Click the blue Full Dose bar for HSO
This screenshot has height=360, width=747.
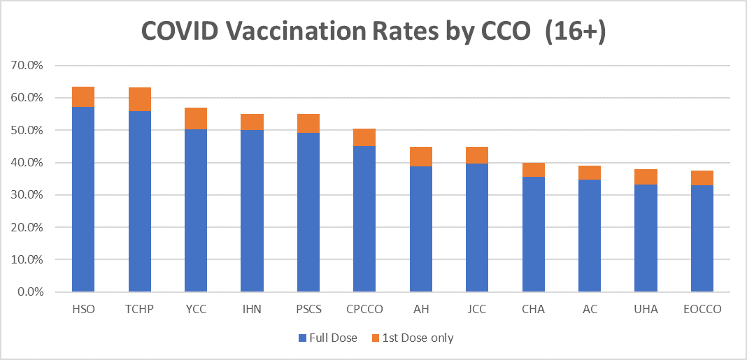coord(83,199)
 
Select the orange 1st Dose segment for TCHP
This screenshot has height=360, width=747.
coord(140,99)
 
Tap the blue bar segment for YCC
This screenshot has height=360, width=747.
coord(196,210)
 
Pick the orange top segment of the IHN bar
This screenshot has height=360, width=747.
coord(252,122)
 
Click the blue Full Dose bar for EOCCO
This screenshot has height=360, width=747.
coord(702,238)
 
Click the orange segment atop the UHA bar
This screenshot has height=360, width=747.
coord(646,177)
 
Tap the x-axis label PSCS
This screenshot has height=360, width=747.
coord(308,310)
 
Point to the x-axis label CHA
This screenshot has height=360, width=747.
coord(533,310)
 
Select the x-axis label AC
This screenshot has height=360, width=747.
coord(590,310)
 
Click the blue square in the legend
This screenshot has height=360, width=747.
coord(303,338)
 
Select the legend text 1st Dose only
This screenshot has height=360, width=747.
coord(417,338)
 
